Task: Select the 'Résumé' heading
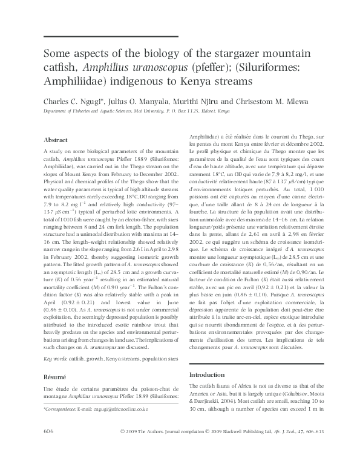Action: [55, 376]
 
